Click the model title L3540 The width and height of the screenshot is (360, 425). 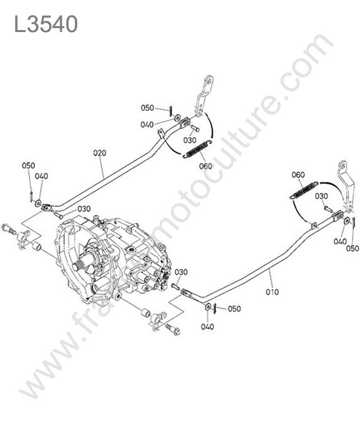point(46,24)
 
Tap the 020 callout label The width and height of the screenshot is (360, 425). point(99,153)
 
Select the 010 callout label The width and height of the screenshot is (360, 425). point(272,292)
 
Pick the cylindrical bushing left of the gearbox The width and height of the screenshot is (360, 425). point(37,246)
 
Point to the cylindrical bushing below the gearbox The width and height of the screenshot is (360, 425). point(146,313)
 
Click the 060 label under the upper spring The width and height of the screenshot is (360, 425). point(206,166)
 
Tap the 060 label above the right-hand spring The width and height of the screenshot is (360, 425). point(298,175)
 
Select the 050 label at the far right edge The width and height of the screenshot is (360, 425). point(352,248)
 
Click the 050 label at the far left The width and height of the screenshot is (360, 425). point(29,165)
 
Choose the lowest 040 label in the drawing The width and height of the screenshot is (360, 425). point(207,327)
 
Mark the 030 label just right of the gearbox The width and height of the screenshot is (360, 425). point(181,272)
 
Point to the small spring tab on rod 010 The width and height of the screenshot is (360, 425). point(314,226)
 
